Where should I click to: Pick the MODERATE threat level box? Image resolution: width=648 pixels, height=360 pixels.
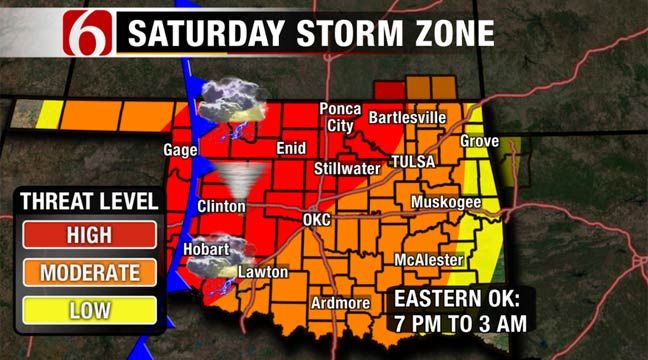pyautogui.click(x=89, y=272)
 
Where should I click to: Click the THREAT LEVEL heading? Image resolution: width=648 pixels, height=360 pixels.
pyautogui.click(x=89, y=201)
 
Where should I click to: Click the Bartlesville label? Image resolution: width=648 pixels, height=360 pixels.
pyautogui.click(x=407, y=118)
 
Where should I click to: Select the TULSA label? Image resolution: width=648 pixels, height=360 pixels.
pyautogui.click(x=415, y=161)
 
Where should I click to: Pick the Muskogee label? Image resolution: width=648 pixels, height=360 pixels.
pyautogui.click(x=446, y=203)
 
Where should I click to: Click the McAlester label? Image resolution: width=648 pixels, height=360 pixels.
pyautogui.click(x=428, y=260)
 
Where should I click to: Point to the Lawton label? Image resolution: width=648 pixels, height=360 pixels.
pyautogui.click(x=263, y=271)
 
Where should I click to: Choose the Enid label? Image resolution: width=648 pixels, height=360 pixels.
pyautogui.click(x=289, y=148)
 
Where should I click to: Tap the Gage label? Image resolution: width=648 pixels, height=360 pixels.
pyautogui.click(x=180, y=150)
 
